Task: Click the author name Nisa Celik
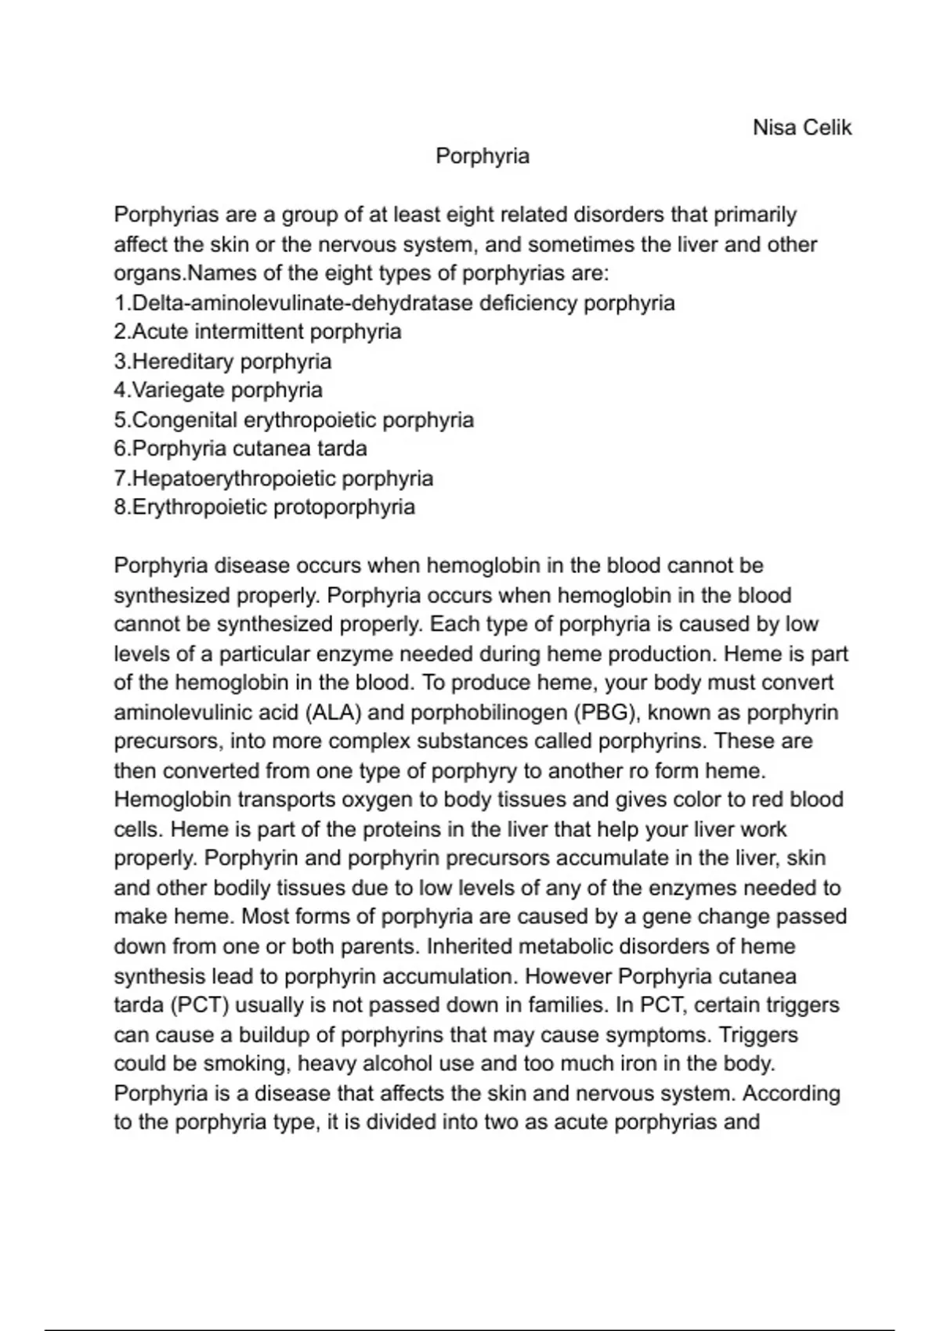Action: tap(801, 128)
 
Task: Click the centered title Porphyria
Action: tap(483, 157)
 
